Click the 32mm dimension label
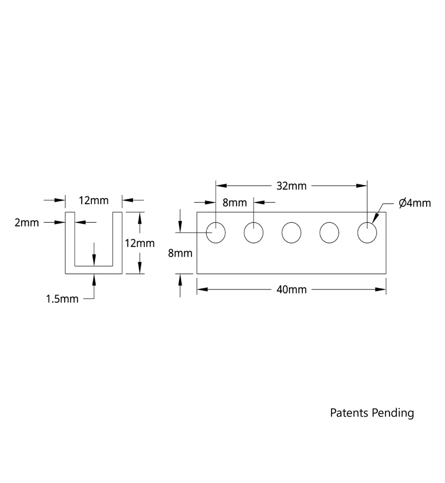(291, 186)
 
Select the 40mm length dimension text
(291, 290)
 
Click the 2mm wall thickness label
(27, 223)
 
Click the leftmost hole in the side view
(216, 233)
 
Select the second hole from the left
(254, 233)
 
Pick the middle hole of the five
(291, 233)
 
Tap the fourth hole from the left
(329, 233)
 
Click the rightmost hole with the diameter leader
(366, 233)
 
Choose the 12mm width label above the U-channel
(93, 201)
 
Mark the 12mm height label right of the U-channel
(140, 243)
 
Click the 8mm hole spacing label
(235, 202)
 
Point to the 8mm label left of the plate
(180, 253)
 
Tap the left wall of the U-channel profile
(70, 241)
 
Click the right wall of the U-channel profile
(117, 241)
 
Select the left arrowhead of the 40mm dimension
(202, 289)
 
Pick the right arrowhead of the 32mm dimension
(362, 186)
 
